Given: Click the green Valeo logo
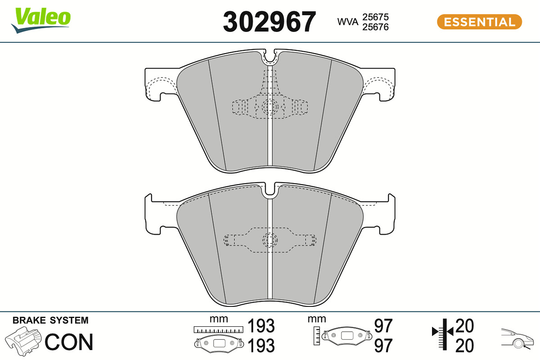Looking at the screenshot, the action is pyautogui.click(x=41, y=20).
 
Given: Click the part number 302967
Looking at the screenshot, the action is pyautogui.click(x=269, y=22).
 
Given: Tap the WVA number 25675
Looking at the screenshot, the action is pyautogui.click(x=375, y=17).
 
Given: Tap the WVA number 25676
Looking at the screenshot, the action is pyautogui.click(x=375, y=27).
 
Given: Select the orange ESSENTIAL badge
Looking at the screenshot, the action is pyautogui.click(x=480, y=22).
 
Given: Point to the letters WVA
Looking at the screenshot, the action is pyautogui.click(x=347, y=22).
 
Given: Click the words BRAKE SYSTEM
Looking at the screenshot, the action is pyautogui.click(x=50, y=320).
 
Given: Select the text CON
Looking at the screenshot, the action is pyautogui.click(x=69, y=342).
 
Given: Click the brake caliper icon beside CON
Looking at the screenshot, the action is pyautogui.click(x=23, y=341).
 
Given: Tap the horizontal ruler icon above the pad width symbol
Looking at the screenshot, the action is pyautogui.click(x=218, y=329).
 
